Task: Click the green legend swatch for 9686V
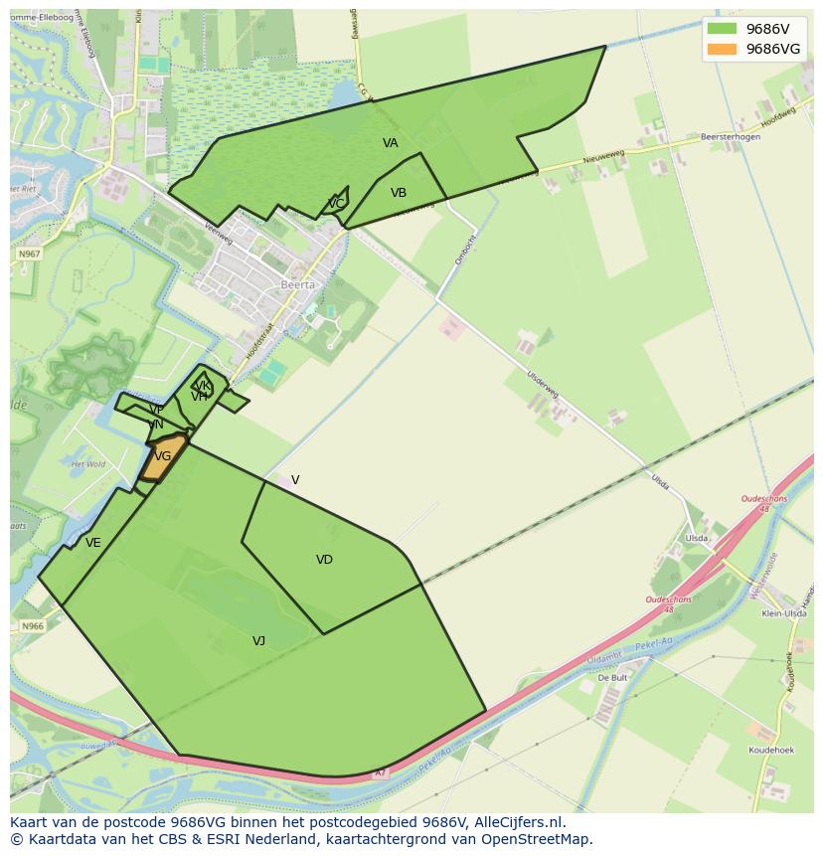722,28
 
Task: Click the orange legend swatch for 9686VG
722,49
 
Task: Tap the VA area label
391,143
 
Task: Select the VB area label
399,193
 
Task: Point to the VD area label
324,560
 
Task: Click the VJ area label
258,641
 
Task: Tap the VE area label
93,543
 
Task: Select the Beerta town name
297,284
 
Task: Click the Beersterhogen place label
731,137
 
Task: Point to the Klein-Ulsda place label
783,615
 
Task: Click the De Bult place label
612,677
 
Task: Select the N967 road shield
30,255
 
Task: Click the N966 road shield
33,626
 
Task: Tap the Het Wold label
88,464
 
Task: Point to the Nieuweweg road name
603,157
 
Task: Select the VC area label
336,204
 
